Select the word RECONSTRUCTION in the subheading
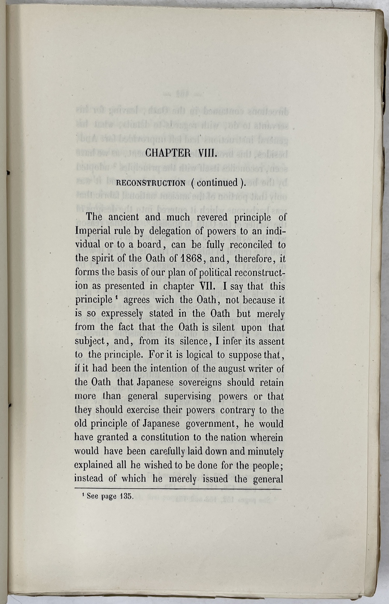pos(151,183)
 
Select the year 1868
pos(189,258)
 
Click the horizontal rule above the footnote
pos(177,489)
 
